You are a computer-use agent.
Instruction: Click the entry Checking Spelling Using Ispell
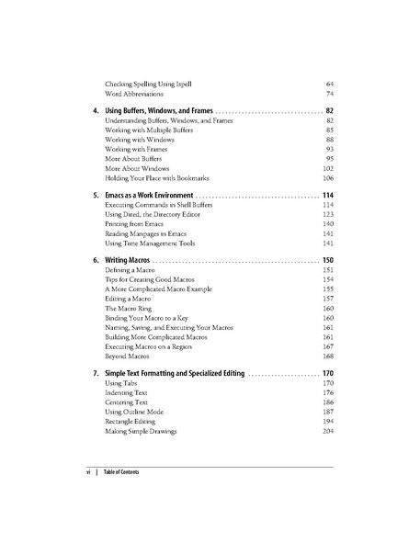(x=150, y=84)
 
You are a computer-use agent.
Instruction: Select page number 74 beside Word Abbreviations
(x=328, y=95)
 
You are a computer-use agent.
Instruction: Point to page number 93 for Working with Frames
(x=328, y=148)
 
